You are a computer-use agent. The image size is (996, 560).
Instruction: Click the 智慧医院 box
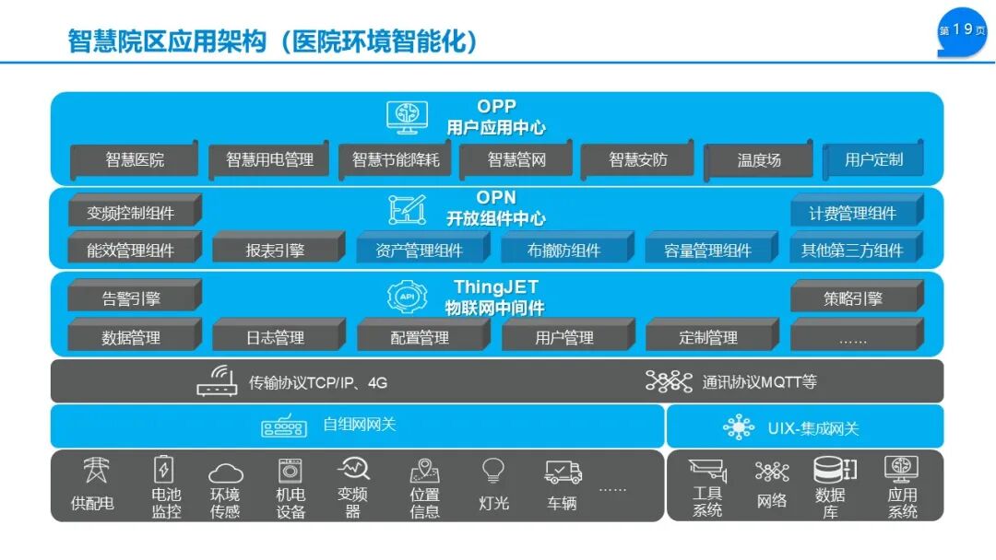click(x=135, y=160)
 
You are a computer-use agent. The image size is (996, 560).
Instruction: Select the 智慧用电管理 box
click(x=269, y=160)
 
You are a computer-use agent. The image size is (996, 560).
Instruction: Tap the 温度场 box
click(x=758, y=160)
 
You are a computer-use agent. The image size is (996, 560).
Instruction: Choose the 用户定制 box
click(x=873, y=160)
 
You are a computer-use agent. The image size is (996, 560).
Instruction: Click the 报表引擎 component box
click(x=275, y=250)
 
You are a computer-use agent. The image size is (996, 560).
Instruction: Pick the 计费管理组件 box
click(x=852, y=214)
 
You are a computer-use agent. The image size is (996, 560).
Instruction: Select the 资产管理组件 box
click(x=420, y=250)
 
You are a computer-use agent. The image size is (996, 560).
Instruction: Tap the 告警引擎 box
click(x=131, y=298)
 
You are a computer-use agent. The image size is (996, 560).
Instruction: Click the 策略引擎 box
click(x=853, y=298)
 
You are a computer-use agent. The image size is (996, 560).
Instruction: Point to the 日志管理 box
click(x=275, y=338)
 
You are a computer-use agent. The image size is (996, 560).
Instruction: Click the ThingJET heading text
click(x=495, y=288)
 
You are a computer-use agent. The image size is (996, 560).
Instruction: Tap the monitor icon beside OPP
click(x=407, y=117)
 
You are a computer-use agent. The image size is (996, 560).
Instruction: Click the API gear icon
click(x=407, y=297)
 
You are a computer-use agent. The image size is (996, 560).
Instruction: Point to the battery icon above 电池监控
click(x=163, y=470)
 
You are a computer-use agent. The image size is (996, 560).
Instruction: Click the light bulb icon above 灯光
click(x=493, y=470)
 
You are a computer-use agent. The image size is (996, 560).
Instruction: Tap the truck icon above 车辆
click(x=563, y=472)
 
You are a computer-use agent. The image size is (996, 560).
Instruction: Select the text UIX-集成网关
click(x=812, y=429)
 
